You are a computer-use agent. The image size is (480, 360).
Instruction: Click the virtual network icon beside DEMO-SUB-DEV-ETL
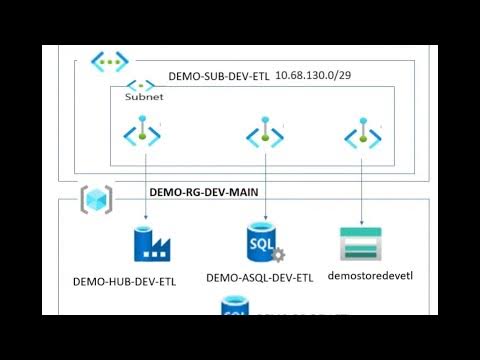tap(110, 62)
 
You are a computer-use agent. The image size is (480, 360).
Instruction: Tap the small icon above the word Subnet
tap(140, 86)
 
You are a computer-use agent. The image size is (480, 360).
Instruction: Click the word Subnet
tap(143, 98)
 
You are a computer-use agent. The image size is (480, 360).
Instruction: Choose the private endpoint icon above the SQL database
tap(265, 134)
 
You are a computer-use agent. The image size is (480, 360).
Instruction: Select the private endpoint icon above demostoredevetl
tap(361, 134)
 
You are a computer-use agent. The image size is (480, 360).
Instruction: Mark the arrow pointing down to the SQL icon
tap(265, 190)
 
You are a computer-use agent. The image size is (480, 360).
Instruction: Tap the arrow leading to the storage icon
tap(361, 190)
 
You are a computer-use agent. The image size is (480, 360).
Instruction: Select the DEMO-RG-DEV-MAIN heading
tap(204, 191)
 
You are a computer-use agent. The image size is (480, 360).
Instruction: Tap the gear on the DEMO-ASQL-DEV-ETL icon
tap(278, 256)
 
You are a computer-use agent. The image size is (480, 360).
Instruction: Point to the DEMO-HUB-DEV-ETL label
tap(125, 281)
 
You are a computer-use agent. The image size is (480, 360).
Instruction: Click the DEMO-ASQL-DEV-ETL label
tap(260, 277)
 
